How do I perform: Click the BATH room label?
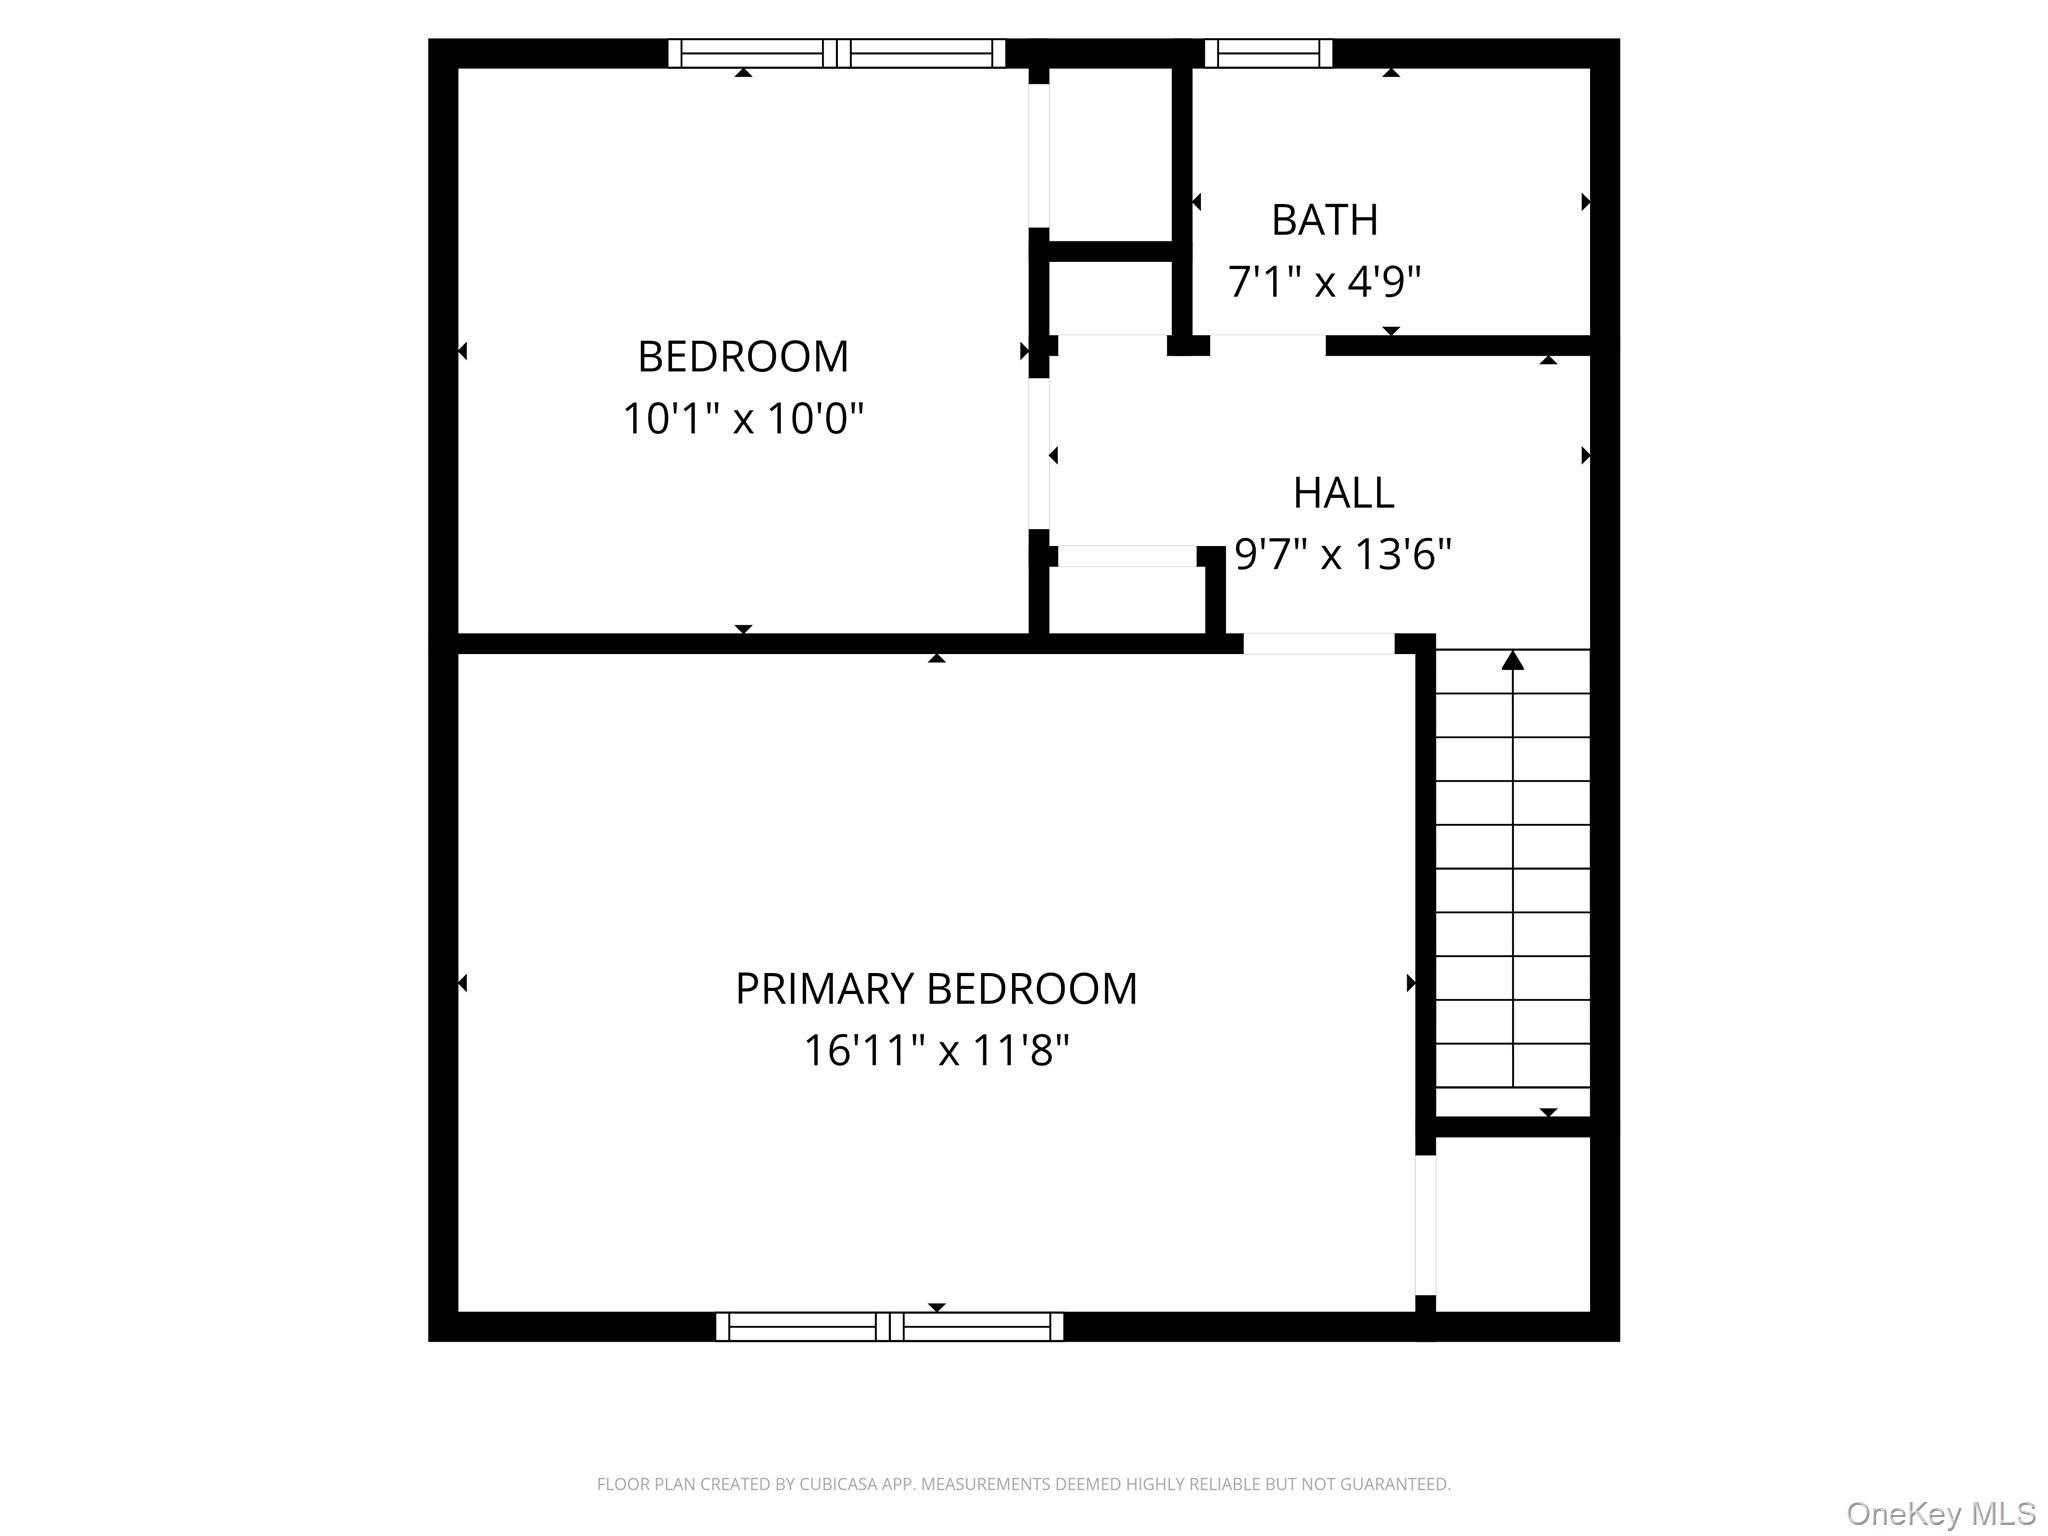point(1324,220)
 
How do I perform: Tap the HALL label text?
point(1343,493)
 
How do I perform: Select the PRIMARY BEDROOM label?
point(936,989)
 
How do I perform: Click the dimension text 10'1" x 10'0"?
point(743,418)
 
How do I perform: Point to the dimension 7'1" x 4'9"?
point(1324,282)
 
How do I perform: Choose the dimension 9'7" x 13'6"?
point(1343,554)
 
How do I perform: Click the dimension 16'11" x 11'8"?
point(936,1051)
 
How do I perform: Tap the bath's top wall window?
point(1268,53)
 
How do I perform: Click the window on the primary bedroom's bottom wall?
point(889,1327)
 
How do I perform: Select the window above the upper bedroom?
point(836,53)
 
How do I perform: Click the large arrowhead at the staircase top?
point(1512,660)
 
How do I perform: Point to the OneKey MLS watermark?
point(1940,1513)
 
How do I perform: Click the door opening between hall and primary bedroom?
point(1318,644)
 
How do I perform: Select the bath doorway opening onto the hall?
point(1267,345)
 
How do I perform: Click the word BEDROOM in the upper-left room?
point(743,357)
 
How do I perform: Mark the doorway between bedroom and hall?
point(1039,453)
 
